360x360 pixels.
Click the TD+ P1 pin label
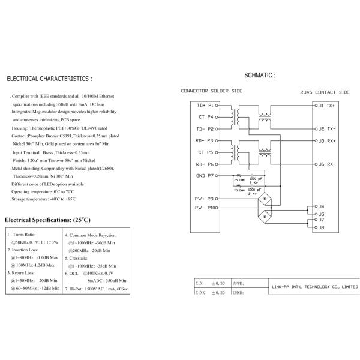205,105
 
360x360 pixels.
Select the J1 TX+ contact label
326,105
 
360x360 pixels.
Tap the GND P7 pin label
205,175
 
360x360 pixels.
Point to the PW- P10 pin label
205,208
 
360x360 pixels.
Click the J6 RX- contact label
326,164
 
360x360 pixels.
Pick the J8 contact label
321,228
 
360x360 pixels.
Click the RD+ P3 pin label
205,140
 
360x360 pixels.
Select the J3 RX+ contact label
326,140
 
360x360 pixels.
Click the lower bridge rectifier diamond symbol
263,217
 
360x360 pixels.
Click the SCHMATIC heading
259,76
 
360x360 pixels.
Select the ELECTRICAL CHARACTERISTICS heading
49,79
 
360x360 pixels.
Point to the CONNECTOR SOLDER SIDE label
211,91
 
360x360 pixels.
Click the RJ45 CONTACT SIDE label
325,93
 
